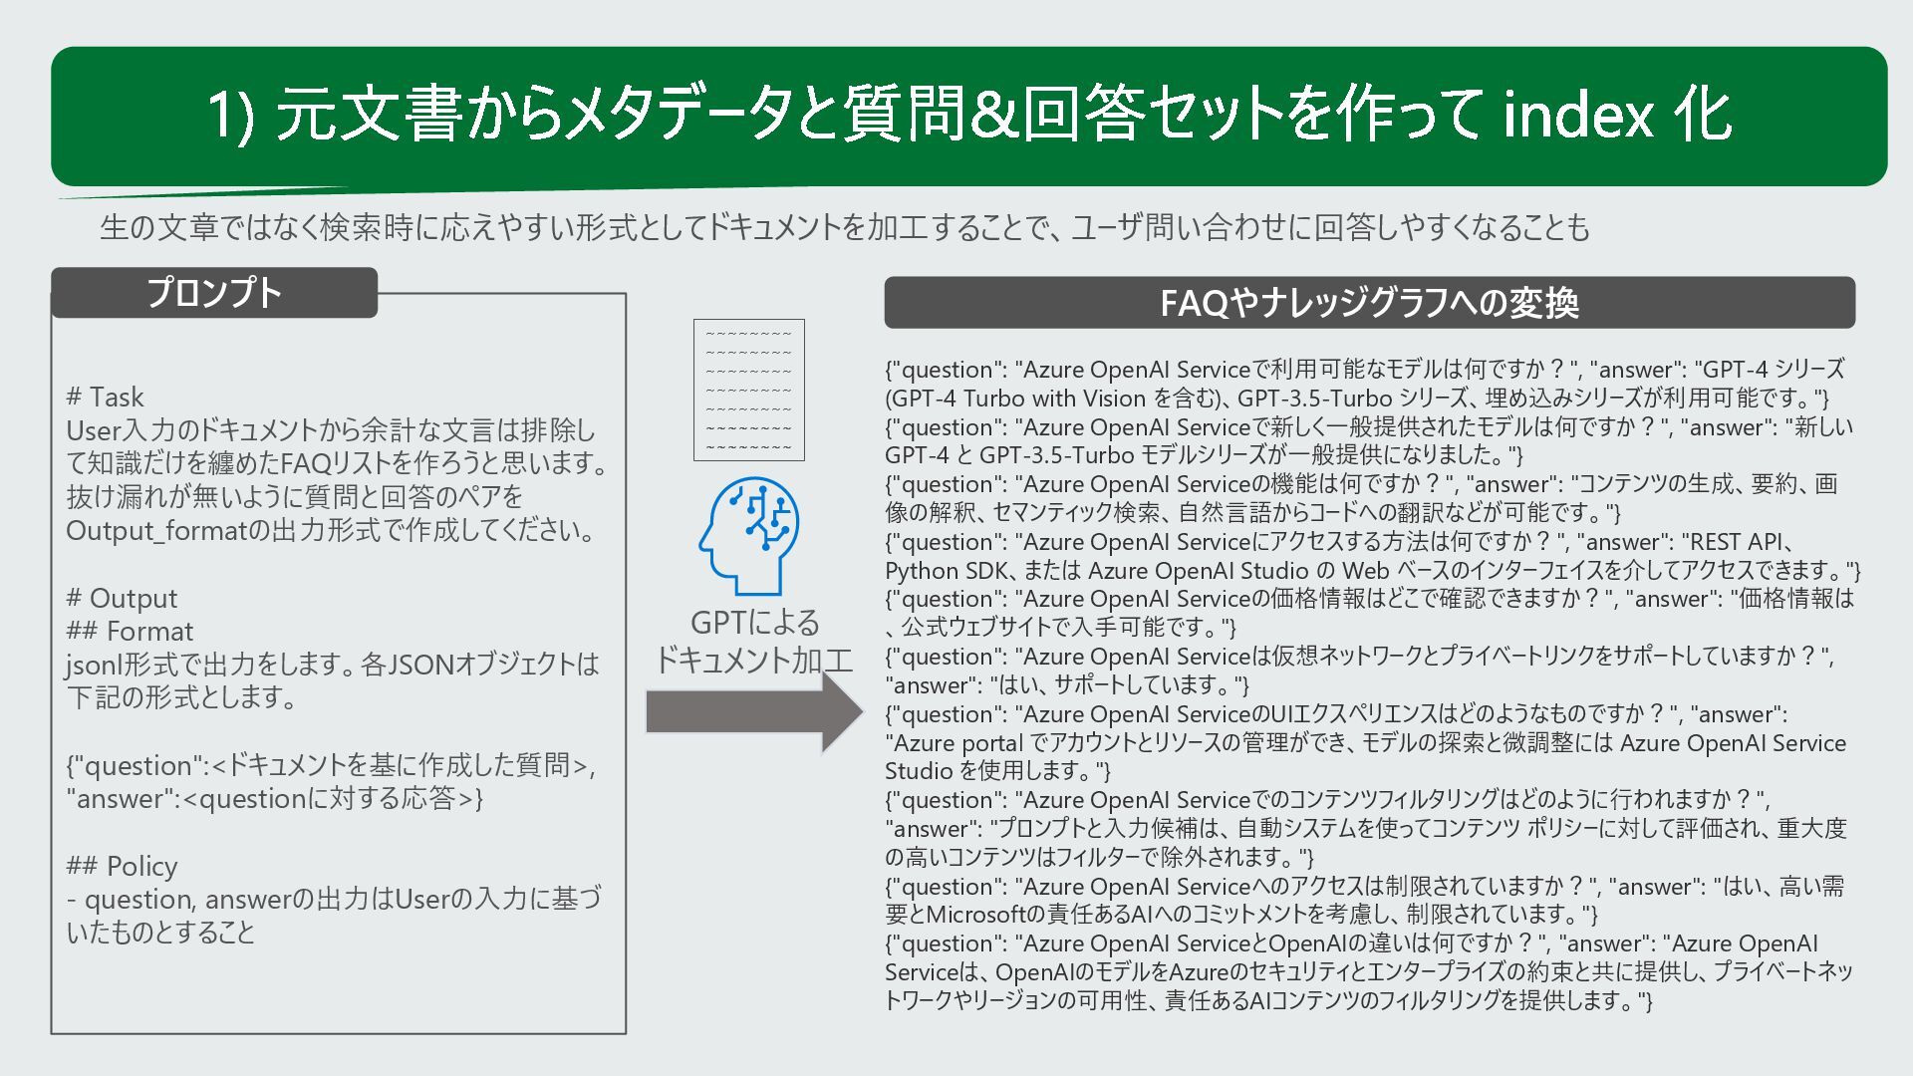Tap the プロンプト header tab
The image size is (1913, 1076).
(x=214, y=293)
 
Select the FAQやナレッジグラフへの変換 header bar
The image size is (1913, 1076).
(x=1369, y=303)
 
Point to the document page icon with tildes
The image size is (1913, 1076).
(x=748, y=390)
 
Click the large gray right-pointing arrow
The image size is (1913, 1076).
(x=753, y=711)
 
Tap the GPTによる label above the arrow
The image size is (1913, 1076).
(x=754, y=623)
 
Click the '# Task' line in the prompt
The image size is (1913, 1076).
(x=105, y=397)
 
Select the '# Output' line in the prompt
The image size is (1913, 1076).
(x=122, y=598)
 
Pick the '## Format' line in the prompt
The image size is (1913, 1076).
(x=130, y=631)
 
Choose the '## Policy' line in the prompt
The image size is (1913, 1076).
(x=122, y=866)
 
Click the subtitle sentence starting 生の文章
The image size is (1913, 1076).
(x=844, y=228)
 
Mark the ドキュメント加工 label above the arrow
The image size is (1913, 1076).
(x=753, y=660)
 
